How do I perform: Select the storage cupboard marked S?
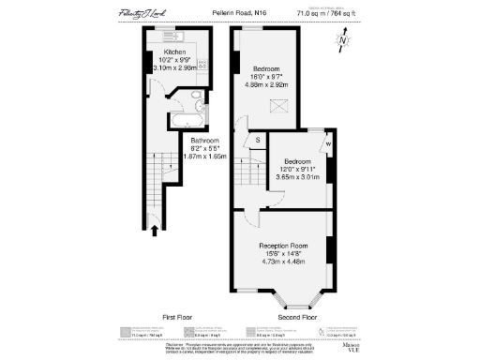(257, 142)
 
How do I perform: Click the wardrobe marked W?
(328, 143)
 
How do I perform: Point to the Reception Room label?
(283, 247)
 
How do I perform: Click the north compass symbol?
(344, 39)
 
